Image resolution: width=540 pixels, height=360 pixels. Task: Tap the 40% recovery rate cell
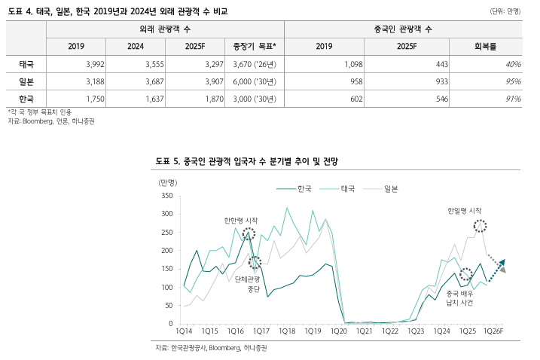point(512,65)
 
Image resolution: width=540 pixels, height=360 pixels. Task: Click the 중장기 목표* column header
point(255,47)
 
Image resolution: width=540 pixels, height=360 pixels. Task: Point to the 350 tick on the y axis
point(167,196)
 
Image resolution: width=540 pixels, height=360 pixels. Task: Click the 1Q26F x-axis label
point(493,331)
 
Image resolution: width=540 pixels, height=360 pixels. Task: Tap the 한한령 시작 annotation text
point(240,221)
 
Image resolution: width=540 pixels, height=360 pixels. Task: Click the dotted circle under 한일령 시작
point(480,226)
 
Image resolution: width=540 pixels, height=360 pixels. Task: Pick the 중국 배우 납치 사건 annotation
point(459,297)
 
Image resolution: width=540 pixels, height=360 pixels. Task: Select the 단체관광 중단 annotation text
point(247,284)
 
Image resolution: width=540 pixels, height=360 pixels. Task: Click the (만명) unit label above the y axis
point(167,182)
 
